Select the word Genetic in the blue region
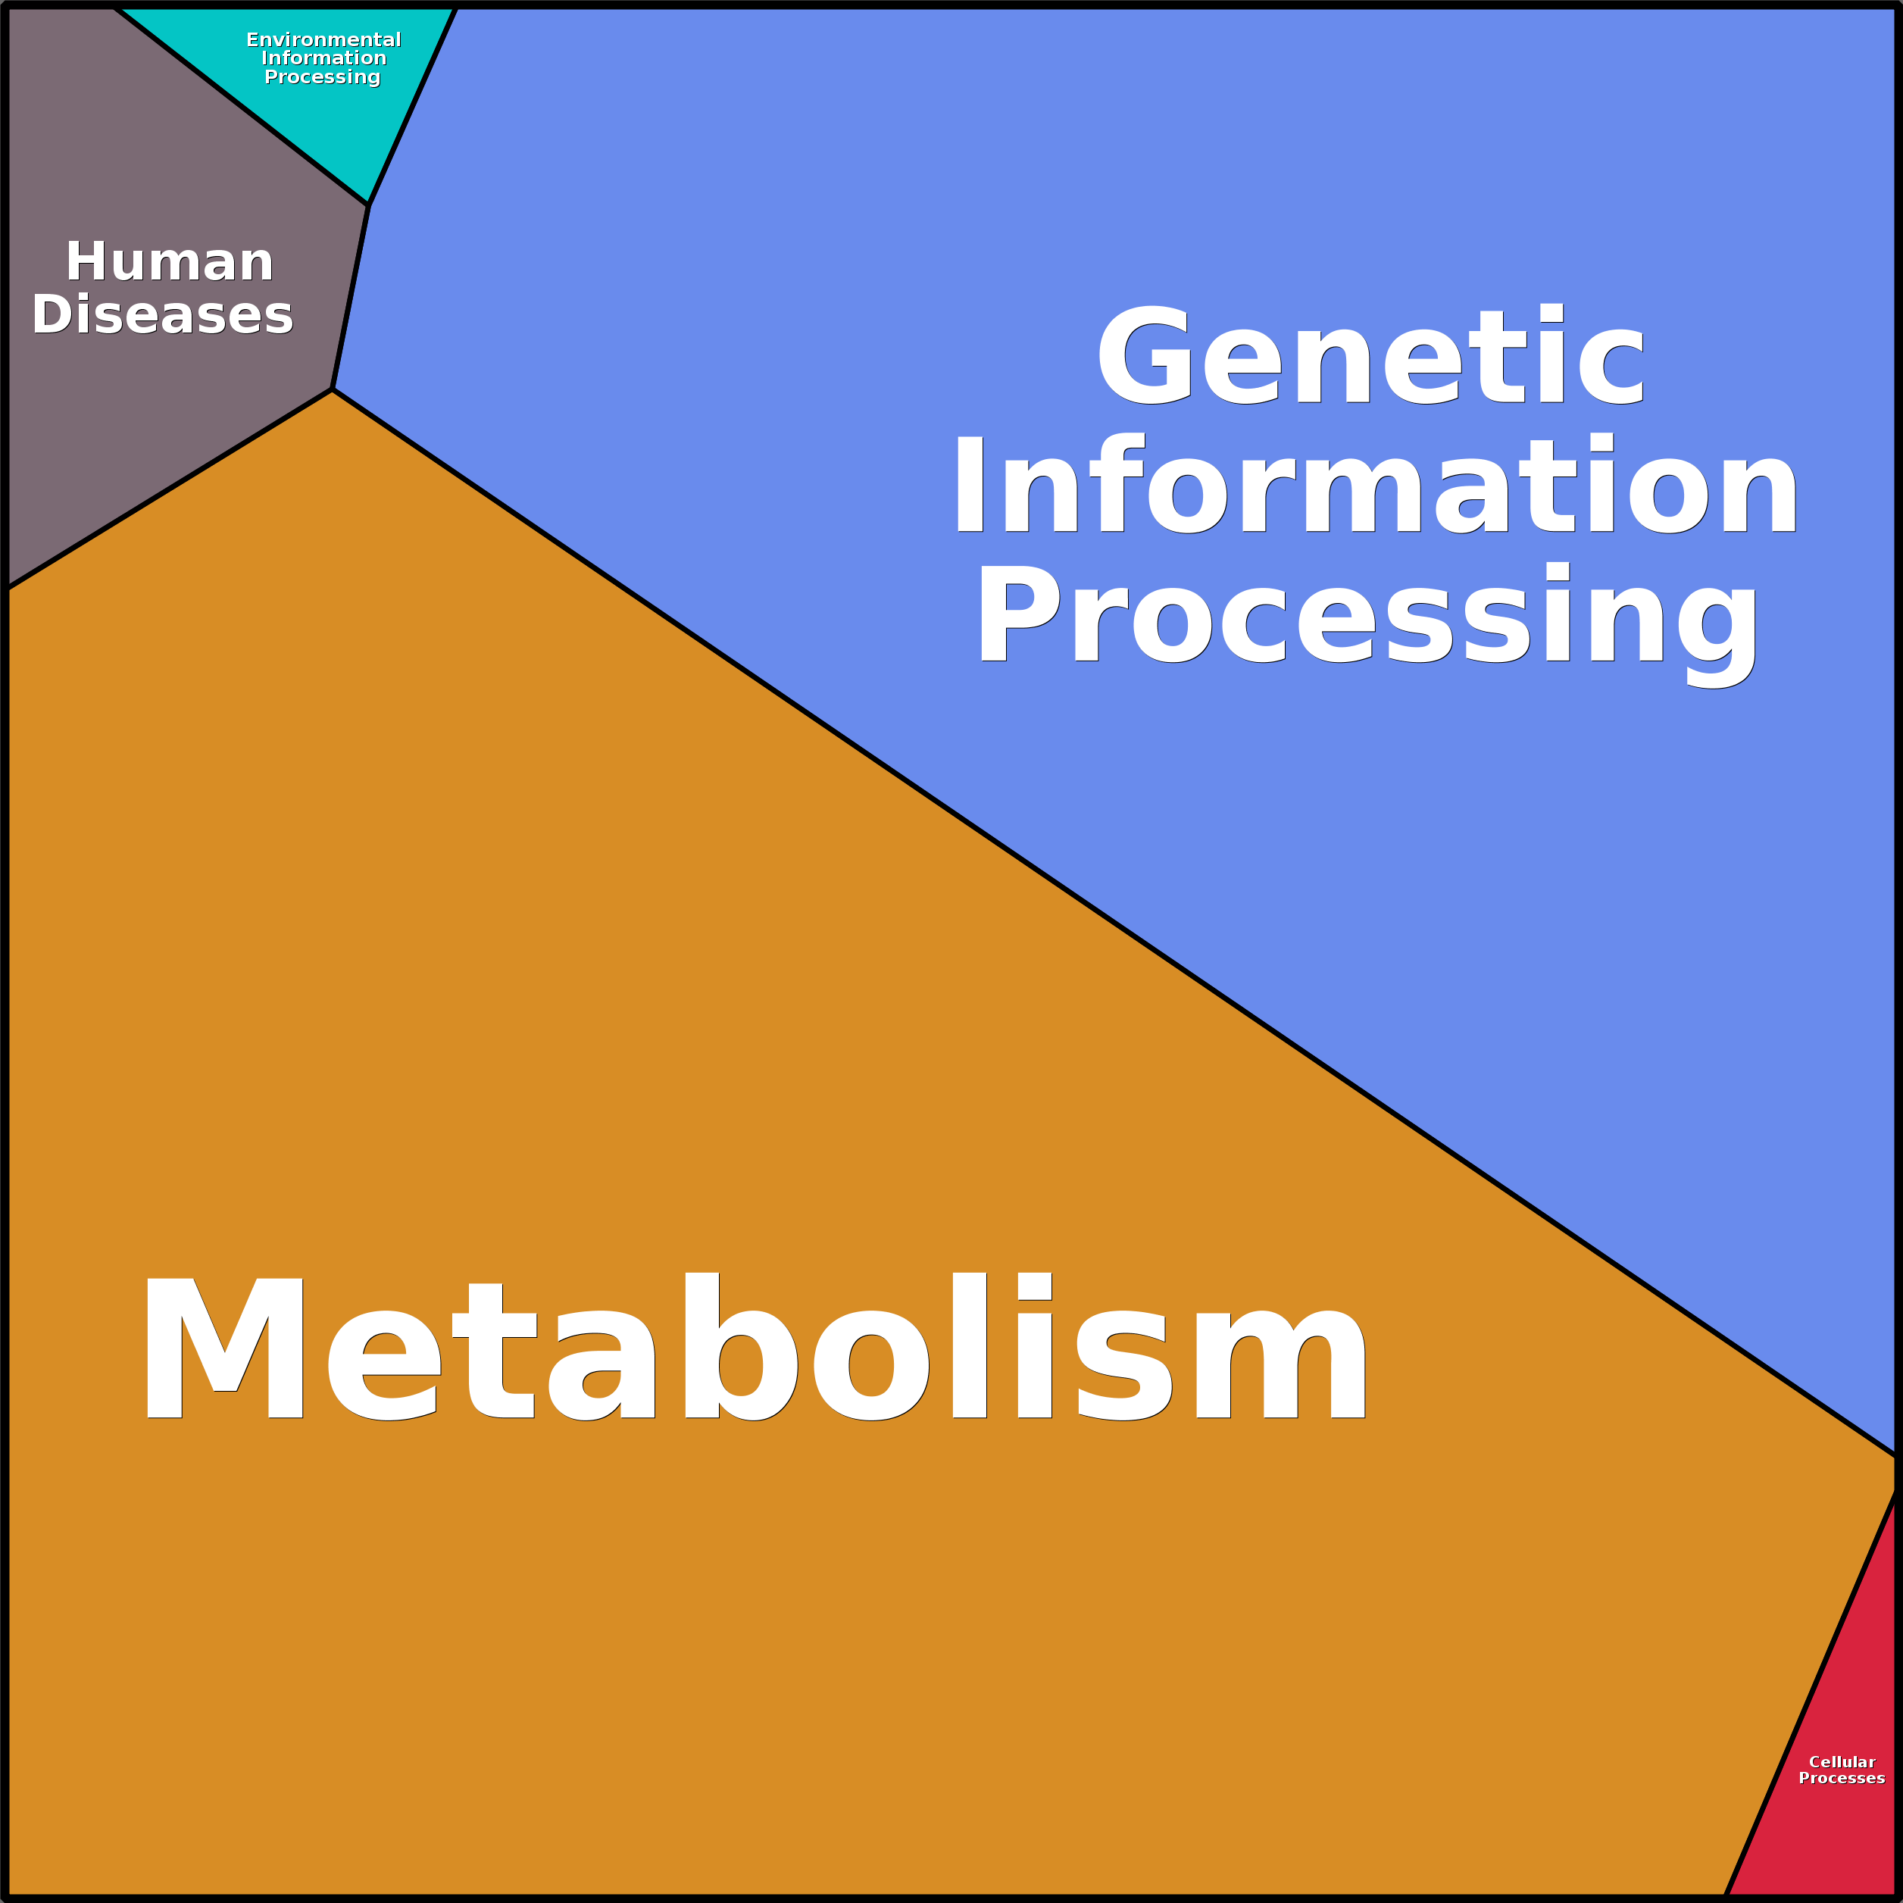[x=1369, y=355]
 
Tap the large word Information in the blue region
[x=1375, y=485]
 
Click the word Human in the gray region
[x=170, y=262]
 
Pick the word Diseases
[x=163, y=314]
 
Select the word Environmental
[x=323, y=39]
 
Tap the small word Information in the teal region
[x=323, y=58]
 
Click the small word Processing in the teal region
[x=322, y=77]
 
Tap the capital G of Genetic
[x=1145, y=355]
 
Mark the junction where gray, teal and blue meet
[x=367, y=205]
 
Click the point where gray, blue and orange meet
[x=333, y=389]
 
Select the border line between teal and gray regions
[x=242, y=105]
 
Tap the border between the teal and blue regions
[x=411, y=105]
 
